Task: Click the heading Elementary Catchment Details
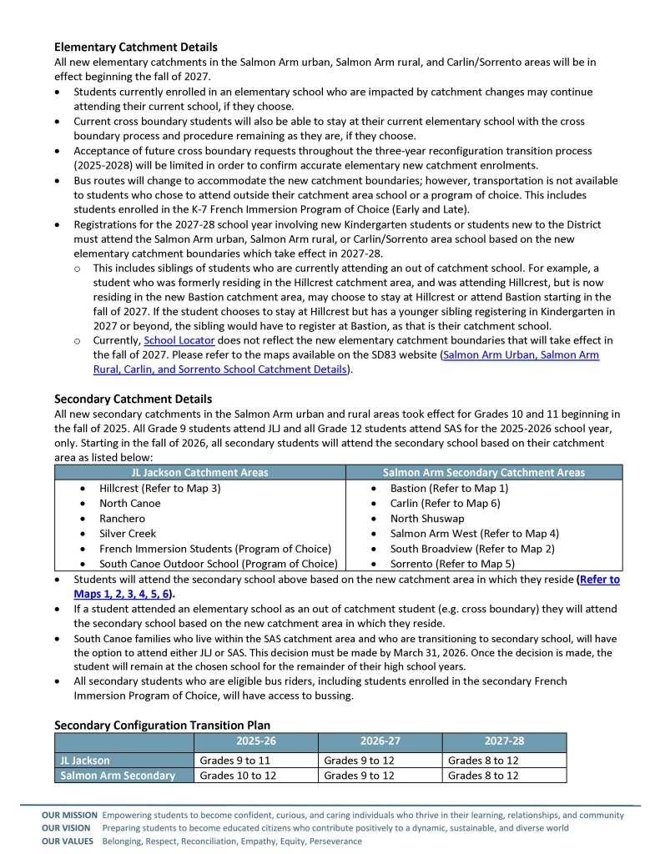[x=135, y=48]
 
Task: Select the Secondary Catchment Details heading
[x=133, y=399]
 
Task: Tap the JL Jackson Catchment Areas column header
[x=200, y=473]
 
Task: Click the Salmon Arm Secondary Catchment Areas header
[x=484, y=473]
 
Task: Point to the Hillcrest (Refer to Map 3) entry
[x=159, y=488]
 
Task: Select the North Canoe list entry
[x=129, y=503]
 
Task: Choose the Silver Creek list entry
[x=128, y=533]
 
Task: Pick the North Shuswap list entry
[x=426, y=518]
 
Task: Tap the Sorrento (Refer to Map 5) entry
[x=453, y=563]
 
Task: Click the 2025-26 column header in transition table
[x=256, y=741]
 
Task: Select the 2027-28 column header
[x=504, y=741]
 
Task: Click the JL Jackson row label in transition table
[x=85, y=761]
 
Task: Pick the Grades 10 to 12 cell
[x=238, y=776]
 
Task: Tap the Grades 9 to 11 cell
[x=234, y=761]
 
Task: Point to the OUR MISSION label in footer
[x=69, y=815]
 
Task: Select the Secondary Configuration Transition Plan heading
[x=162, y=726]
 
